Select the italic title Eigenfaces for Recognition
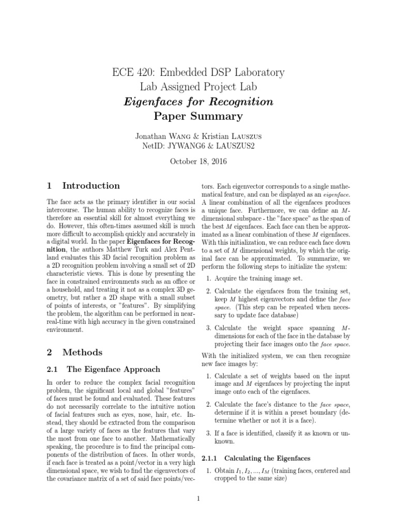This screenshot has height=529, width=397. pyautogui.click(x=198, y=101)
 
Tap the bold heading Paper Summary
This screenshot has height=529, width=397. pyautogui.click(x=198, y=116)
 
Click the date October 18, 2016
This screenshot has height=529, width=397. pyautogui.click(x=198, y=161)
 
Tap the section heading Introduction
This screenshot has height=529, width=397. pyautogui.click(x=90, y=185)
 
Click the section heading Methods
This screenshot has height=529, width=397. pyautogui.click(x=82, y=352)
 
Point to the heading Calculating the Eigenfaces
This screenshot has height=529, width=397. pyautogui.click(x=266, y=458)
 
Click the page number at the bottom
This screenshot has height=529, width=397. pyautogui.click(x=198, y=499)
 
